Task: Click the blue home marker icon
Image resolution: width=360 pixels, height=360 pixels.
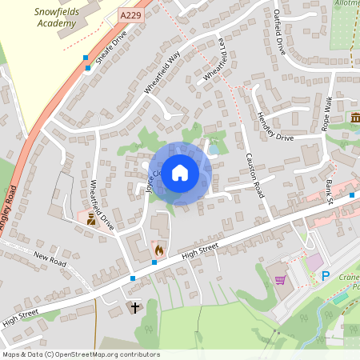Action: click(180, 173)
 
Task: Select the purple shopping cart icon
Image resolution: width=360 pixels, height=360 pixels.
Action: click(280, 279)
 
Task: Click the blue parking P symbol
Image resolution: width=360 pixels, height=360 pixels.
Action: click(325, 277)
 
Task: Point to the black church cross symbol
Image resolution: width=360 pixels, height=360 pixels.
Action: click(134, 306)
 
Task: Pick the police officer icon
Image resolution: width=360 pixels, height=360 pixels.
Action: click(90, 218)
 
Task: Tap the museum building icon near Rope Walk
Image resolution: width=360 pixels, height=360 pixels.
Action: click(354, 118)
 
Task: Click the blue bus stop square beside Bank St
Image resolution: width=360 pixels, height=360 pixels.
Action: click(353, 194)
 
